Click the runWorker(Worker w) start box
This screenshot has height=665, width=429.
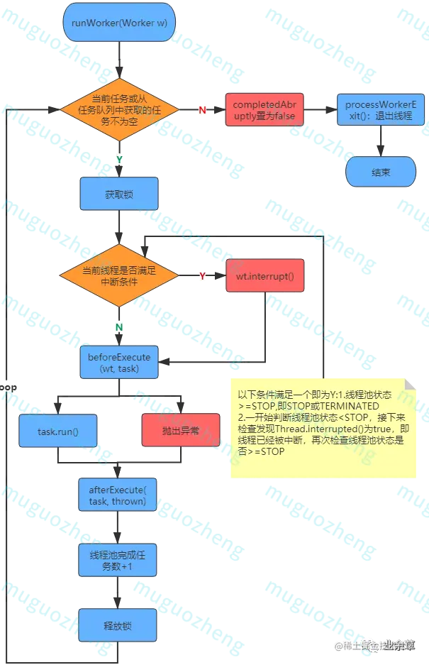point(119,23)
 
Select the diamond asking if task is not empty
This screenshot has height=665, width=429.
point(118,109)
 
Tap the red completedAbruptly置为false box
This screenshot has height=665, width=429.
point(264,110)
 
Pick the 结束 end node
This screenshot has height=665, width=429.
point(380,172)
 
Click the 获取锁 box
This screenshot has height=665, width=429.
point(118,194)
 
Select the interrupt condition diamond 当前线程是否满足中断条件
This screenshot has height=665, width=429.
point(118,276)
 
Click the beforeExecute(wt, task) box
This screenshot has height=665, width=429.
point(118,363)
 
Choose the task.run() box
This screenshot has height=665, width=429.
point(57,431)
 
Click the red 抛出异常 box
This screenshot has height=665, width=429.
point(180,429)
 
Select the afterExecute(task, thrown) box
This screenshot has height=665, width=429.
point(118,495)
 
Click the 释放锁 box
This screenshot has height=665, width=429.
point(118,627)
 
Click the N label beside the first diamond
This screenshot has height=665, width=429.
point(202,110)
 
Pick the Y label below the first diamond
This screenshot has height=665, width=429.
point(118,159)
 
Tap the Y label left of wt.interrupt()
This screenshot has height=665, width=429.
point(202,275)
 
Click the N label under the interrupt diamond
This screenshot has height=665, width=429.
point(118,326)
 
